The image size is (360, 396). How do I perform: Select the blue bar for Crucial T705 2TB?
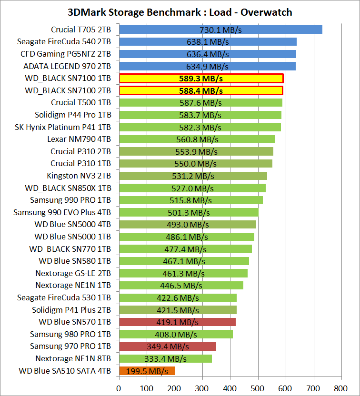pyautogui.click(x=220, y=30)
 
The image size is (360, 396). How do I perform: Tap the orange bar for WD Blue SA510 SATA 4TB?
pyautogui.click(x=147, y=371)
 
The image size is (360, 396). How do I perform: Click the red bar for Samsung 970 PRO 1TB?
pyautogui.click(x=167, y=346)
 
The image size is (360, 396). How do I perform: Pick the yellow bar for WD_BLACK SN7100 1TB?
pyautogui.click(x=201, y=78)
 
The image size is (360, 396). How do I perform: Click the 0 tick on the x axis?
pyautogui.click(x=119, y=388)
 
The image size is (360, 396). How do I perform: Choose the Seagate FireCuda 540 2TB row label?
pyautogui.click(x=64, y=41)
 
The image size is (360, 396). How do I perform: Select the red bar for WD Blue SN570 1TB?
pyautogui.click(x=177, y=322)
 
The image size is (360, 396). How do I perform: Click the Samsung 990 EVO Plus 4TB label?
pyautogui.click(x=62, y=212)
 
